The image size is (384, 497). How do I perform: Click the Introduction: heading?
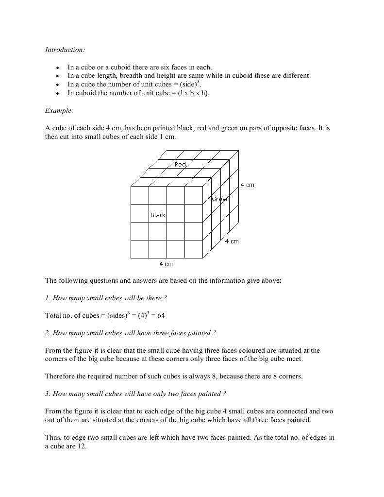tap(65, 50)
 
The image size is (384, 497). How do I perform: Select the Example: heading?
tap(59, 110)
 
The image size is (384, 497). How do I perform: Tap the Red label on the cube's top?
tap(180, 164)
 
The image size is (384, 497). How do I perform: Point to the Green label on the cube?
tap(220, 199)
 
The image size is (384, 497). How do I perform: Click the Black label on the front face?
tap(158, 215)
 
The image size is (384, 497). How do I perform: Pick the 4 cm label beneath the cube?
tap(166, 264)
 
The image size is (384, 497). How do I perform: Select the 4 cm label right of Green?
tap(247, 185)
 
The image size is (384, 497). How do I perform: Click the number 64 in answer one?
tap(161, 315)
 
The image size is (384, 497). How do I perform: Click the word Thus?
tap(53, 437)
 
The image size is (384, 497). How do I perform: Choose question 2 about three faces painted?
tap(131, 333)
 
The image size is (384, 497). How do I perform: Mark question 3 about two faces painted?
tap(135, 394)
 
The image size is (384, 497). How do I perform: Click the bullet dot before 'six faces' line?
tap(58, 68)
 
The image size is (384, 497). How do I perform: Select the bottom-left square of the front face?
tap(140, 249)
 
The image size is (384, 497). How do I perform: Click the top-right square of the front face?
tap(194, 195)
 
